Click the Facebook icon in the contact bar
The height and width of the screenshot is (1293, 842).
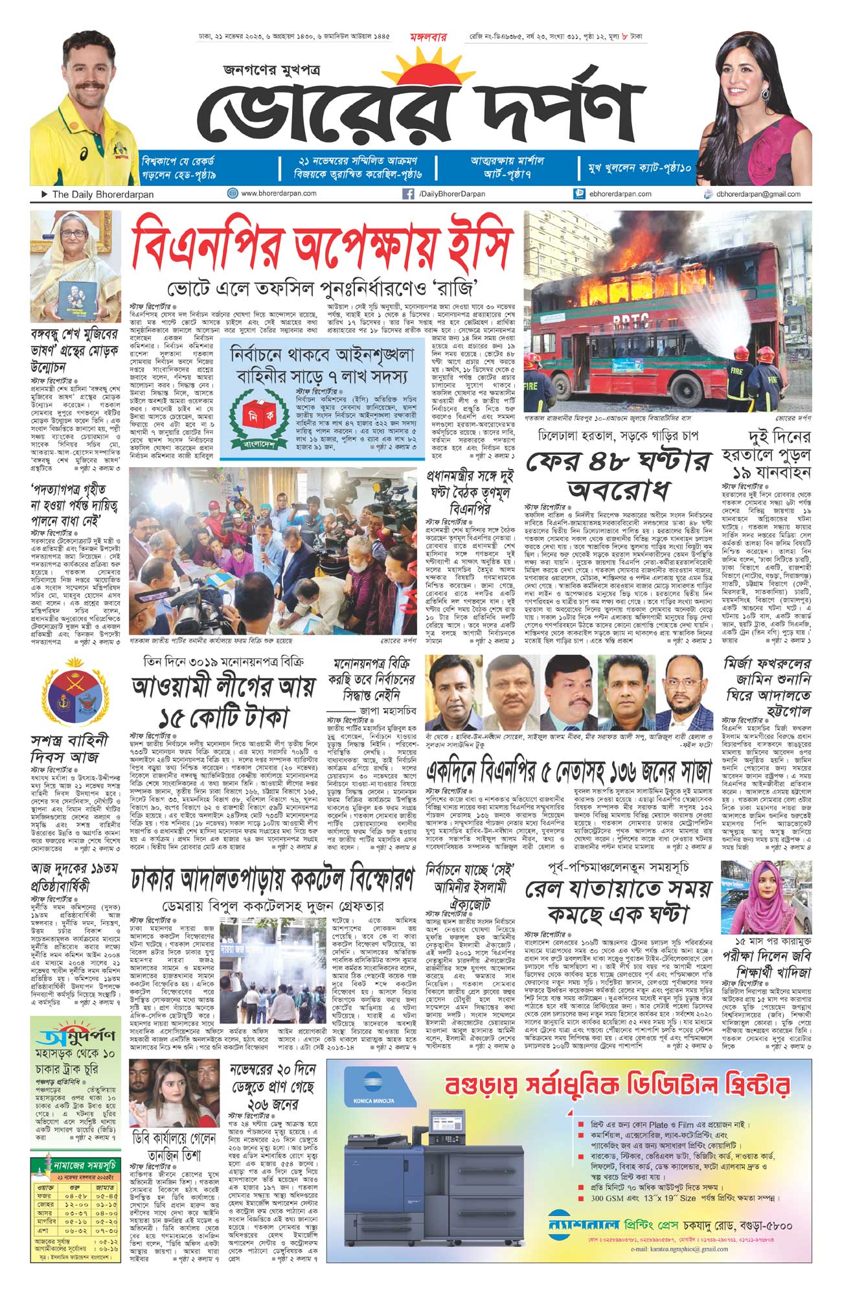[x=409, y=194]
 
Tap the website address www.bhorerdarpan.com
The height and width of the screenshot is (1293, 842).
[x=279, y=194]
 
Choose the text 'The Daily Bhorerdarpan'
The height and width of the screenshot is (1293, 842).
[x=102, y=194]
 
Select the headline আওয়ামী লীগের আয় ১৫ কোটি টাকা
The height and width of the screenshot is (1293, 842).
[x=223, y=700]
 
